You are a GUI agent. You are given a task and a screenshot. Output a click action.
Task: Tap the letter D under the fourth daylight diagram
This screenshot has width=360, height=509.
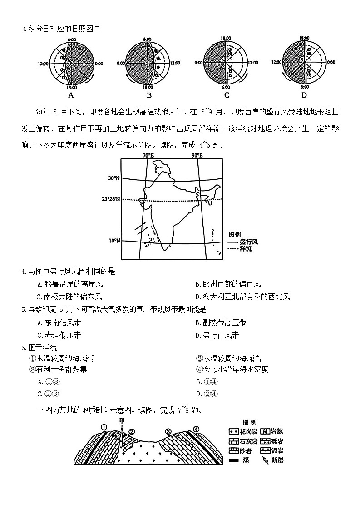(304, 95)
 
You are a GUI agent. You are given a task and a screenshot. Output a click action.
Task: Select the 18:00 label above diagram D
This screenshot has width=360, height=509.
(304, 39)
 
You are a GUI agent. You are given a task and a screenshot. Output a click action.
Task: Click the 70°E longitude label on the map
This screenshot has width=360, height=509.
(148, 155)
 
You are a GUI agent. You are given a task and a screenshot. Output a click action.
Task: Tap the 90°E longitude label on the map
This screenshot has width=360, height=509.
(197, 155)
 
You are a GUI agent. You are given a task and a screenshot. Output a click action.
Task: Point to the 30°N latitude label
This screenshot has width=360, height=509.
(113, 178)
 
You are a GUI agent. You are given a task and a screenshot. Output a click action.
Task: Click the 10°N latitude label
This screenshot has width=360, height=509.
(113, 240)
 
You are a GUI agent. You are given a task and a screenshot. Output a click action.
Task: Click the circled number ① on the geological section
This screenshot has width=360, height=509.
(104, 427)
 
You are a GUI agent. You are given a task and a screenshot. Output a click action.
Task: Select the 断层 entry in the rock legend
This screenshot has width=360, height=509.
(275, 460)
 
